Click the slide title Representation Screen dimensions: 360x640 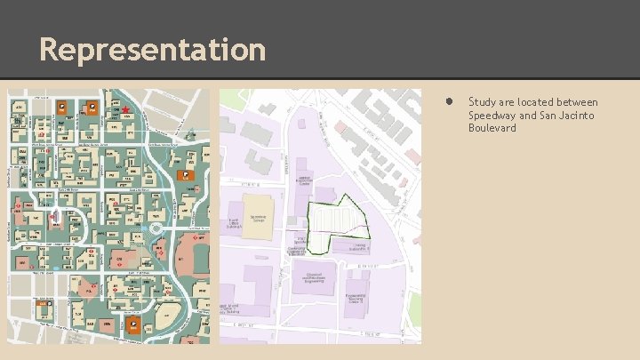coord(152,49)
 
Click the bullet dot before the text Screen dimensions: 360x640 coord(451,102)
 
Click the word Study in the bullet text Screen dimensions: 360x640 coord(481,102)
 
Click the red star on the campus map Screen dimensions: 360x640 coord(127,110)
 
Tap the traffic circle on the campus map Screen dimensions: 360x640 coord(156,228)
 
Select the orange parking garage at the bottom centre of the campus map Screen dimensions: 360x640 coord(133,326)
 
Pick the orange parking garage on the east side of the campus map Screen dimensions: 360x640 coord(186,175)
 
